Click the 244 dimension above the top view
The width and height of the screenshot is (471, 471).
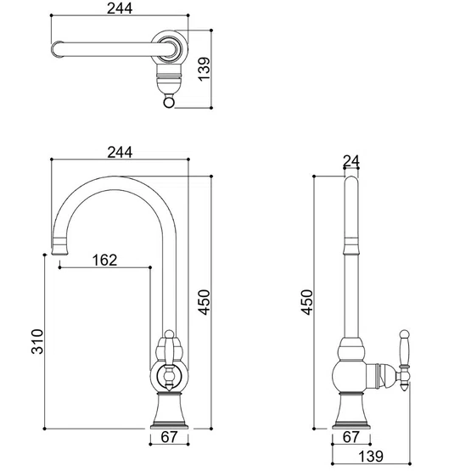point(120,8)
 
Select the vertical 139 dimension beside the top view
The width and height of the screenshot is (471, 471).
point(204,69)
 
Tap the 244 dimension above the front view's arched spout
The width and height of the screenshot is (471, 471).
point(120,152)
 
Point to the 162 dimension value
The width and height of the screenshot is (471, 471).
point(104,260)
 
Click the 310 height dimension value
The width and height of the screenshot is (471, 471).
point(37,341)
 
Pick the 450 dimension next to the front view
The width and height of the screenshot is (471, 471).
point(204,302)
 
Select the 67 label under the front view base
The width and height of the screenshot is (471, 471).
point(169,437)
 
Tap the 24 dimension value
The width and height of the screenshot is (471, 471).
point(351,161)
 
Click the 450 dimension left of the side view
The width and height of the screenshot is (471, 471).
point(307,302)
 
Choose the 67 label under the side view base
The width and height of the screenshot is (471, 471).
point(350,437)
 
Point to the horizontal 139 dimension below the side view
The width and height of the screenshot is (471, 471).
point(371,457)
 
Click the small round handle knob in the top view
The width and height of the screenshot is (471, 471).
point(169,103)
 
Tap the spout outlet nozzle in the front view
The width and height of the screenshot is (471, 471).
point(59,246)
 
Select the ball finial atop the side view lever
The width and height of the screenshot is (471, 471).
point(404,334)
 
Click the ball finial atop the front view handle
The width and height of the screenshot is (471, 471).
point(169,334)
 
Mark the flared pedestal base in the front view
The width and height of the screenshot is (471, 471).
point(169,411)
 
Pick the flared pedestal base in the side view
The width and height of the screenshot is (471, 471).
point(351,411)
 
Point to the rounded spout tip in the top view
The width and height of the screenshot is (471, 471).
point(57,49)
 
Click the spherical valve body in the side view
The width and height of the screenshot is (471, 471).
point(350,376)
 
